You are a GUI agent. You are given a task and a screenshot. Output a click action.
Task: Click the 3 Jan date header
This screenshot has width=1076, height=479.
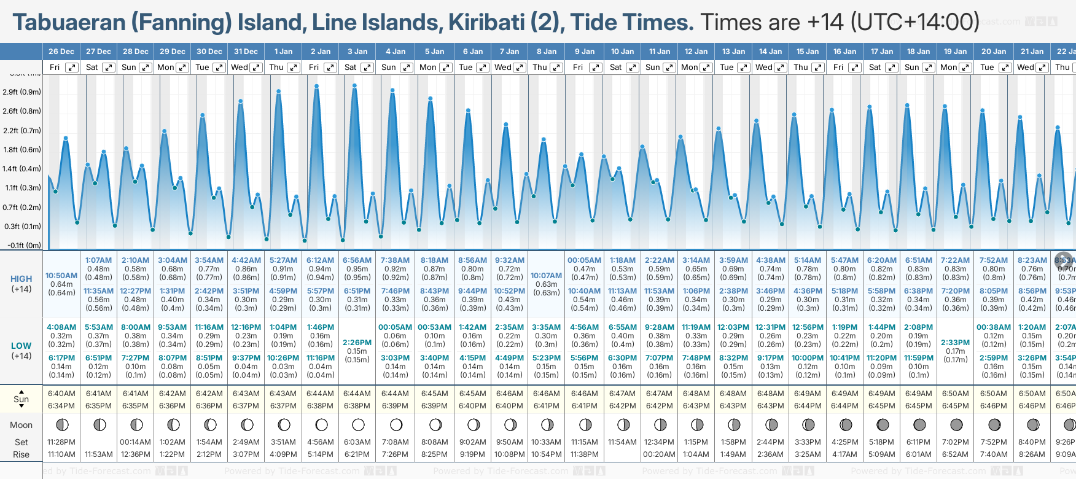(357, 52)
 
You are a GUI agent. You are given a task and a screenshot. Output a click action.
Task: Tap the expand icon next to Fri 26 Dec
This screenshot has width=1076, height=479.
(72, 68)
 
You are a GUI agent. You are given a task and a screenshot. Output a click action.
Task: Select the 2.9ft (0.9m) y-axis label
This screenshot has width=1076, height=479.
(22, 92)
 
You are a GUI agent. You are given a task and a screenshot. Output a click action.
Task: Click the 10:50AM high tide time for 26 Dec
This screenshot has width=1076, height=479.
(61, 276)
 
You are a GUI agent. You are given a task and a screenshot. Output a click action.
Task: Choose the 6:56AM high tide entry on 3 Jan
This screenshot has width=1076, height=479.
(357, 260)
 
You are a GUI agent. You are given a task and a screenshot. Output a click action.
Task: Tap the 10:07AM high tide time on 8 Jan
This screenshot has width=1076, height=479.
(547, 276)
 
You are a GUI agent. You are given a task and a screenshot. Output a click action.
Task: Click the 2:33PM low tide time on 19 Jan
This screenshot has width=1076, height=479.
(956, 343)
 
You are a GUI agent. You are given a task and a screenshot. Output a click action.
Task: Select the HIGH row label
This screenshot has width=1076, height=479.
(21, 279)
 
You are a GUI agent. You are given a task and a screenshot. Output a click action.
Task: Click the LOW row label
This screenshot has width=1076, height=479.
(21, 346)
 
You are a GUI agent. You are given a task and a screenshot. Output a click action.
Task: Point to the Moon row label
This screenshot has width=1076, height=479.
(21, 425)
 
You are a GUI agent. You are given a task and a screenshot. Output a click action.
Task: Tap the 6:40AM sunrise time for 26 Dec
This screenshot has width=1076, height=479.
(61, 394)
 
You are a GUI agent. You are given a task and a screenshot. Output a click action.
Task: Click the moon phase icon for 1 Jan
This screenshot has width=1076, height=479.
(284, 424)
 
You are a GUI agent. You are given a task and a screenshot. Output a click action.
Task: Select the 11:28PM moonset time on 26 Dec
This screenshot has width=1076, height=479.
(61, 442)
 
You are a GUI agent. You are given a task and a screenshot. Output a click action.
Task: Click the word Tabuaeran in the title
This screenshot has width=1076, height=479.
(69, 23)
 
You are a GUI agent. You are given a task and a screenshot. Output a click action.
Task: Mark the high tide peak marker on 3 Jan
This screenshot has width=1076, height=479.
(355, 86)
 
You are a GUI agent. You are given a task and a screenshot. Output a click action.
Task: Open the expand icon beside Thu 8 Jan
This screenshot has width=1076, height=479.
(556, 68)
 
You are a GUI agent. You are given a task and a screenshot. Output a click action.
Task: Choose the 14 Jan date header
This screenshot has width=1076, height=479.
(770, 52)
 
